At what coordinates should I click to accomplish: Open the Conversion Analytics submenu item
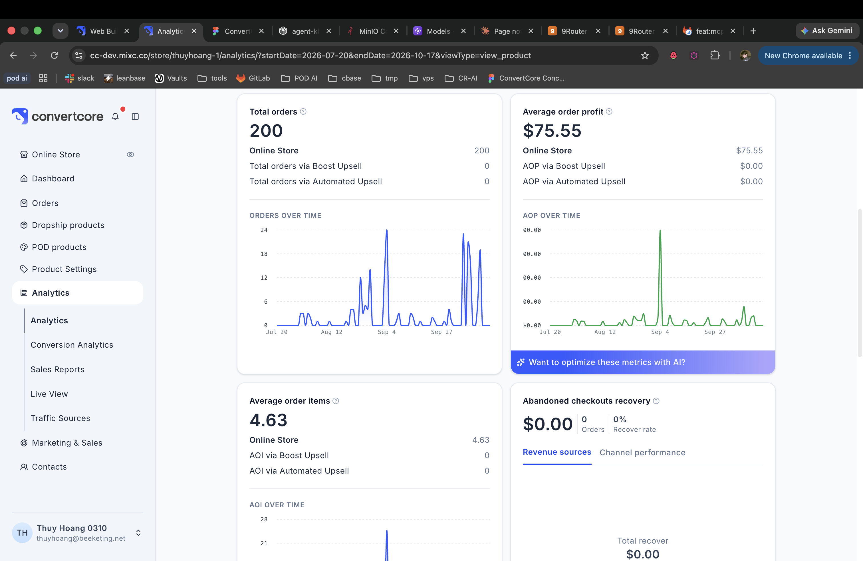click(72, 345)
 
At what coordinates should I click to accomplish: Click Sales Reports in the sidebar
click(57, 369)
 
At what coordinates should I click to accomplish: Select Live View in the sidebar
click(49, 394)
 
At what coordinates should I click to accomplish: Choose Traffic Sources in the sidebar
click(60, 418)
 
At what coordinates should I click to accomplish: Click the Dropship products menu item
click(68, 225)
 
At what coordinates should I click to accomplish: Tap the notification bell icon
click(115, 116)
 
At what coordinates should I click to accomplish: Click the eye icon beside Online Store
click(130, 155)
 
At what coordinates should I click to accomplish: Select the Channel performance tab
click(642, 452)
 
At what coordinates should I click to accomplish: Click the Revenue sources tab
click(557, 452)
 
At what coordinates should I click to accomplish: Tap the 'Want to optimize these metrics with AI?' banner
click(642, 362)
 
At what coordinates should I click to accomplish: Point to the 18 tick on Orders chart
click(264, 254)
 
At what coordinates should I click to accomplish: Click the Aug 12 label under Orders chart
click(331, 332)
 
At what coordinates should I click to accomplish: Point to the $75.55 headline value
click(552, 131)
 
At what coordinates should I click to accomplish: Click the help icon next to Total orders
click(303, 112)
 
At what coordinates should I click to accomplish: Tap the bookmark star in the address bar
click(645, 55)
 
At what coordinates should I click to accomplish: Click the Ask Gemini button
click(827, 31)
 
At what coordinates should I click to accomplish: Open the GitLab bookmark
click(253, 78)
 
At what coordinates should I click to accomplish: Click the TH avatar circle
click(22, 533)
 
